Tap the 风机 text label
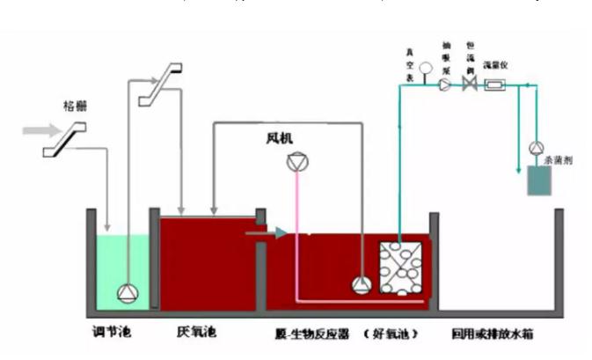point(280,138)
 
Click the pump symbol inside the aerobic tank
point(362,283)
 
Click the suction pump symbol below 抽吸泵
point(445,84)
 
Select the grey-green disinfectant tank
point(534,180)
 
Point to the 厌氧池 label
point(195,335)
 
